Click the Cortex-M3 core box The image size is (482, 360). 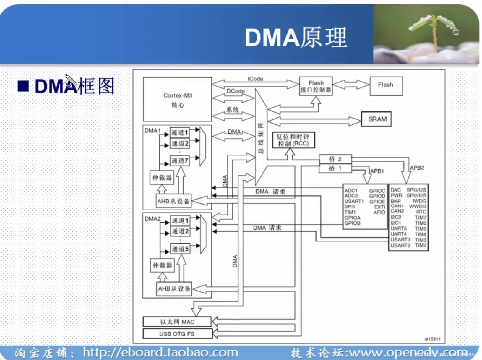pyautogui.click(x=177, y=99)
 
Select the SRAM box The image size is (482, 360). pyautogui.click(x=376, y=119)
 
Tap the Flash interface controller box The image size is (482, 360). pyautogui.click(x=316, y=86)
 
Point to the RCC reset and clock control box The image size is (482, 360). pyautogui.click(x=293, y=140)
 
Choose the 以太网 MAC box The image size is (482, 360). pyautogui.click(x=177, y=322)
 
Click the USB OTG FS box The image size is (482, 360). pyautogui.click(x=177, y=334)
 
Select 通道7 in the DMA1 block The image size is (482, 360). pyautogui.click(x=180, y=161)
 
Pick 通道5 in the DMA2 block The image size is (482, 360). pyautogui.click(x=180, y=249)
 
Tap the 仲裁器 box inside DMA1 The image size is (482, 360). pyautogui.click(x=162, y=178)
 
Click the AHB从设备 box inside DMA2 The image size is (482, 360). pyautogui.click(x=174, y=288)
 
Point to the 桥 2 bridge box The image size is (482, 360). pyautogui.click(x=335, y=159)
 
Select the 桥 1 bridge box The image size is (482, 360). pyautogui.click(x=335, y=168)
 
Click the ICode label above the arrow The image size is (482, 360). pyautogui.click(x=255, y=79)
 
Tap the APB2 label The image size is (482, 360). pyautogui.click(x=417, y=168)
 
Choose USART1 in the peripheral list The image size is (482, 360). pyautogui.click(x=354, y=201)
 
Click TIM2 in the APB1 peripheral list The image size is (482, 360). pyautogui.click(x=420, y=245)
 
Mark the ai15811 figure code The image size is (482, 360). pyautogui.click(x=432, y=339)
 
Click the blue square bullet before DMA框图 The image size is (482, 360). pyautogui.click(x=23, y=86)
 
